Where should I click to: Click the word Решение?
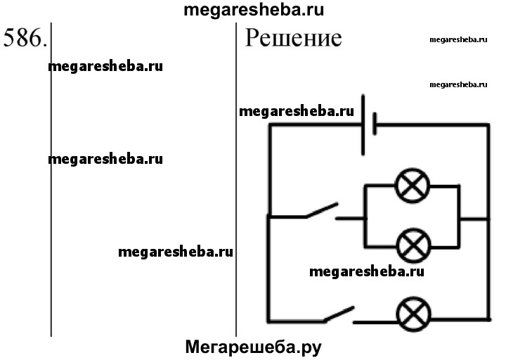coord(293,38)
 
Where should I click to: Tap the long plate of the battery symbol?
coord(363,125)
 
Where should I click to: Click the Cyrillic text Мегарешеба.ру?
coord(257,347)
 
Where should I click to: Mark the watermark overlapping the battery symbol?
coord(296,111)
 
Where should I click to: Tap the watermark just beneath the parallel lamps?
coord(366,271)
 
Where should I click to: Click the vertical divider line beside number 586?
coord(51,176)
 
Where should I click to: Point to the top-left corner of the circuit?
coord(268,125)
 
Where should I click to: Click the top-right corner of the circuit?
coord(488,125)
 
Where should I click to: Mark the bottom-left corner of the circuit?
coord(268,320)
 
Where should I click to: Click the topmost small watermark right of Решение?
coord(458,40)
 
